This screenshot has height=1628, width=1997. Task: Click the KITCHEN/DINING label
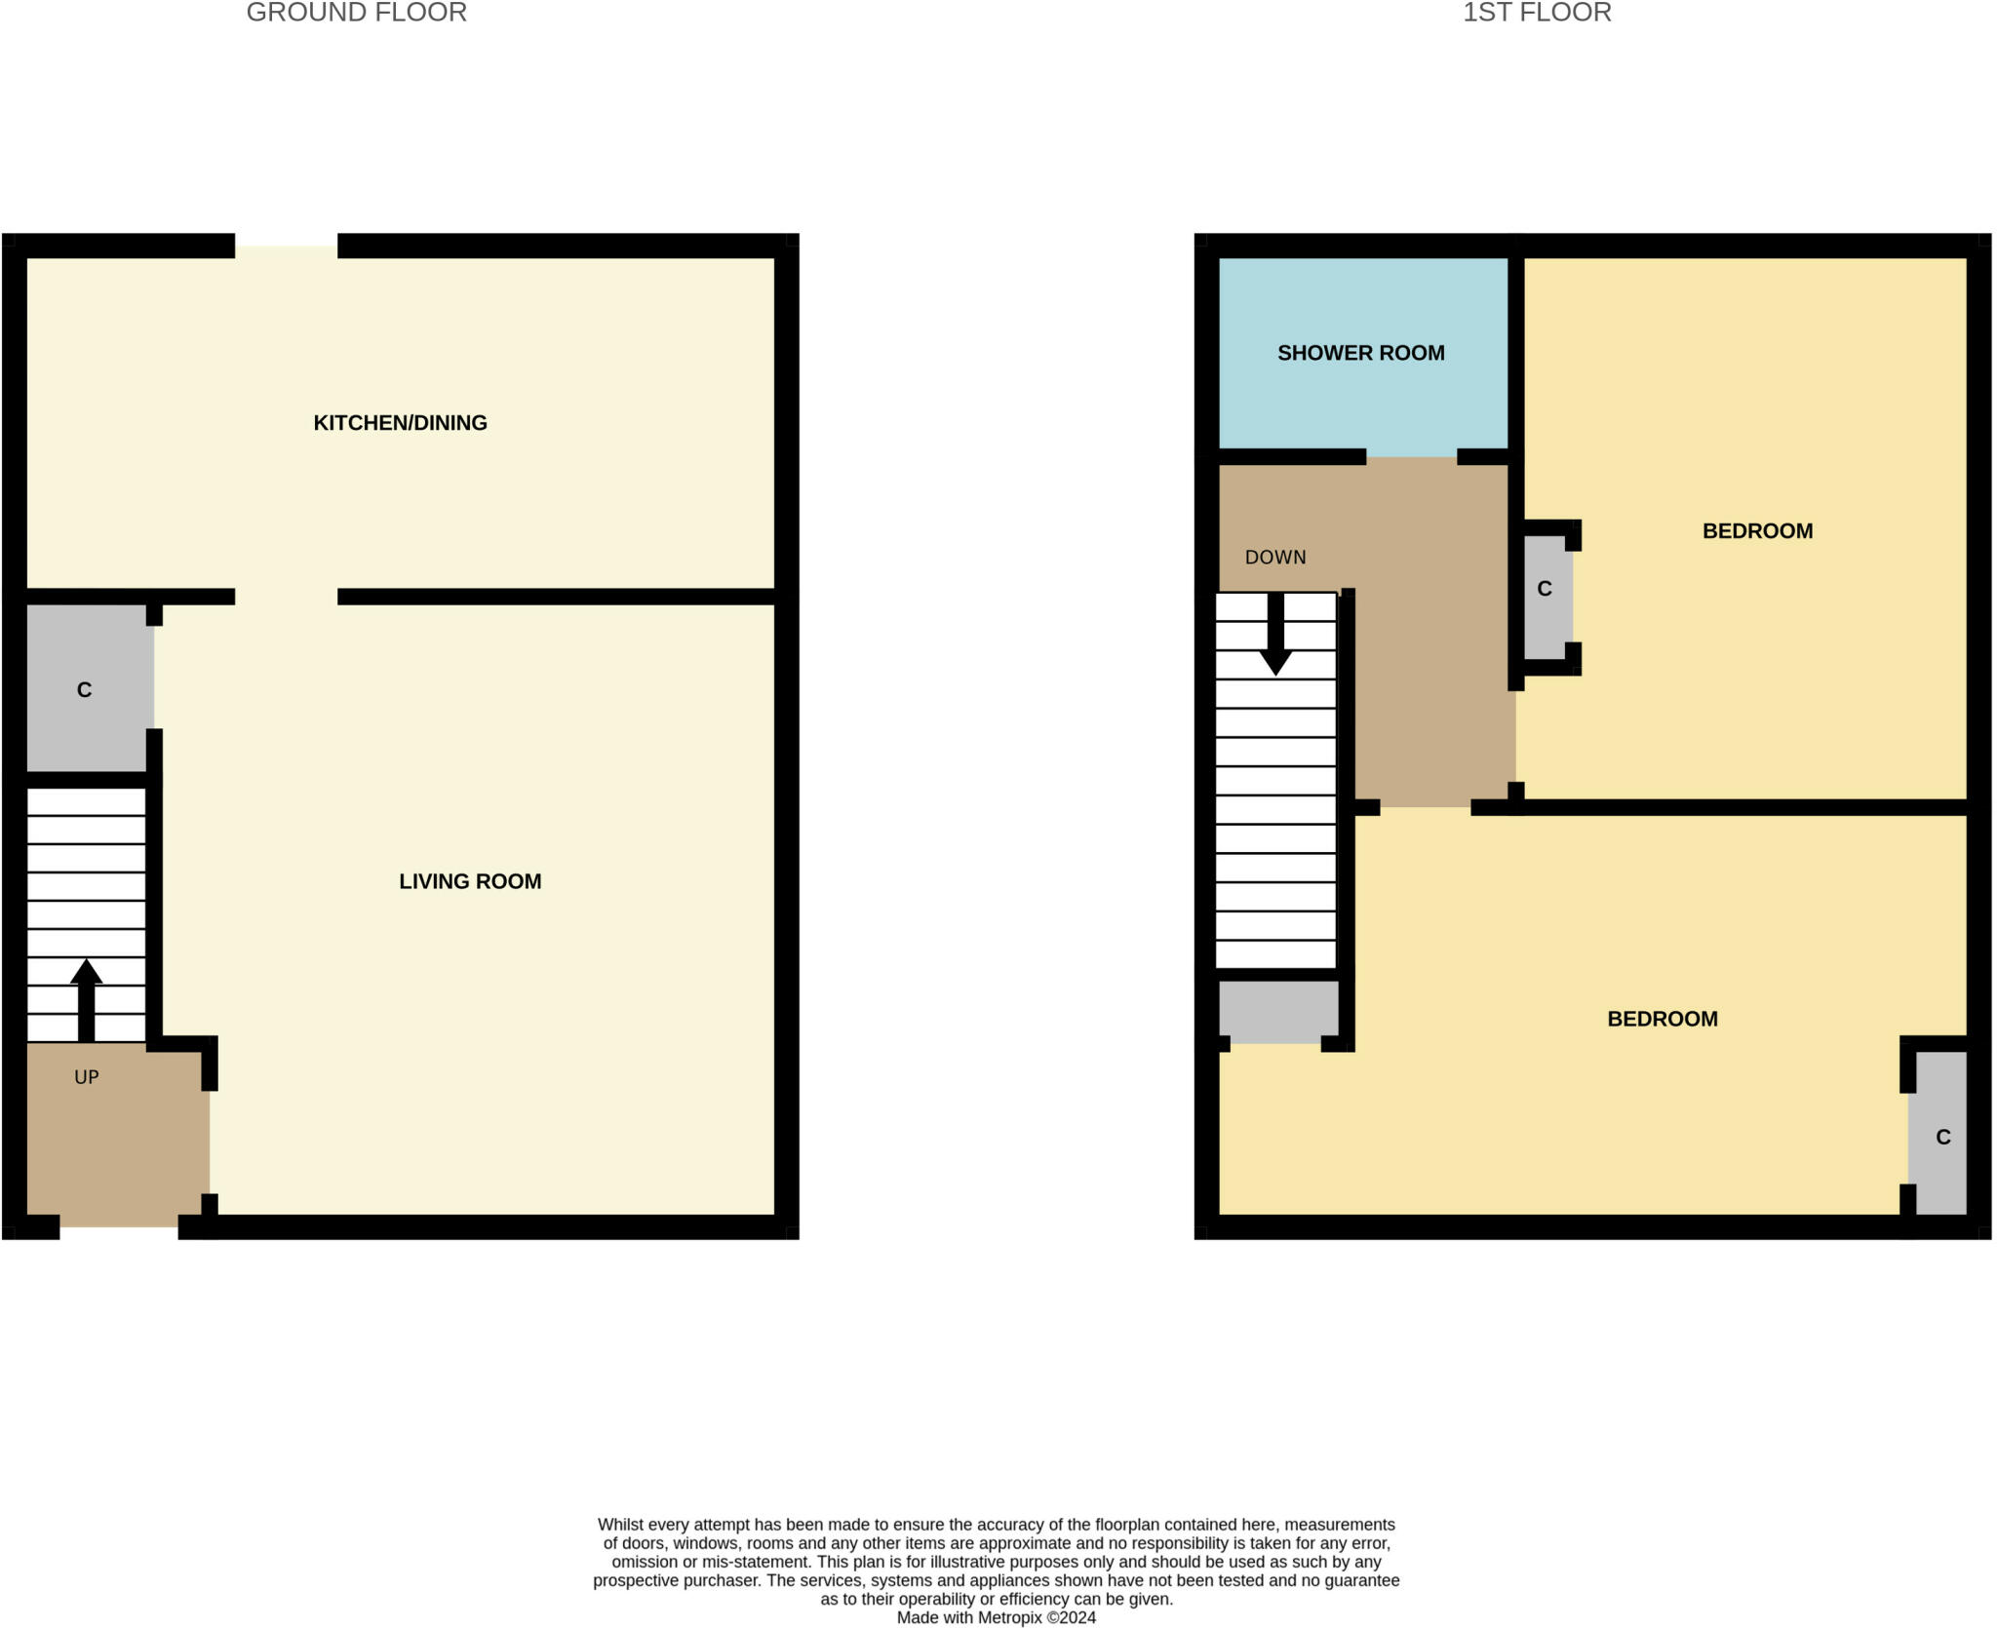pyautogui.click(x=400, y=423)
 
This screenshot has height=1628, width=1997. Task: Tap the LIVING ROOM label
pyautogui.click(x=470, y=881)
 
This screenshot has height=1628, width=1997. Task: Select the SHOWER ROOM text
pyautogui.click(x=1360, y=353)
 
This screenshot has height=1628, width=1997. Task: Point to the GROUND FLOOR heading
pyautogui.click(x=356, y=13)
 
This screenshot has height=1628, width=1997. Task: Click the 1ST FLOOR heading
pyautogui.click(x=1537, y=13)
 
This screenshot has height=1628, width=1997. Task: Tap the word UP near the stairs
pyautogui.click(x=87, y=1077)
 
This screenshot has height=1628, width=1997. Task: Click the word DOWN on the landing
pyautogui.click(x=1274, y=558)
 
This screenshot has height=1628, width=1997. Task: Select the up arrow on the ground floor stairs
pyautogui.click(x=87, y=999)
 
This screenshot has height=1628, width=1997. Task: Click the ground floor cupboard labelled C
pyautogui.click(x=85, y=689)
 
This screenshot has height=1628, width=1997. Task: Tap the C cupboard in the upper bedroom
pyautogui.click(x=1546, y=589)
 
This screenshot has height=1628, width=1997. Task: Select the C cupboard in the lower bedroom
pyautogui.click(x=1942, y=1137)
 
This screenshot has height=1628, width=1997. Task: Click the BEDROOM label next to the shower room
pyautogui.click(x=1757, y=531)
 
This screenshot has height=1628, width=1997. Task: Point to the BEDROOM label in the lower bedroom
pyautogui.click(x=1662, y=1019)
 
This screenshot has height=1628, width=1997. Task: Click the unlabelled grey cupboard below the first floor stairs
pyautogui.click(x=1278, y=1011)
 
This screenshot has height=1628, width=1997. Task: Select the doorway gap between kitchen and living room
pyautogui.click(x=286, y=597)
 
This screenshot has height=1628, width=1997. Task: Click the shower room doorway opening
pyautogui.click(x=1411, y=457)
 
